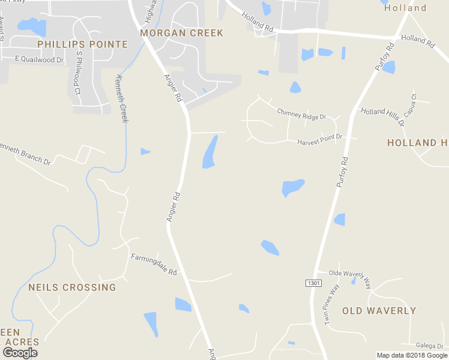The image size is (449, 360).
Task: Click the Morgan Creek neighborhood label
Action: coord(181,33)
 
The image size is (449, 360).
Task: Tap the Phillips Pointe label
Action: coord(82,44)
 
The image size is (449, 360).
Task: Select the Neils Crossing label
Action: coord(72,287)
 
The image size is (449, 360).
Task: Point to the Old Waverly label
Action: coord(379,311)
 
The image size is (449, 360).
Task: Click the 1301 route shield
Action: coord(313,283)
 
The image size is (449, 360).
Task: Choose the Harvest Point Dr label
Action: coord(319,139)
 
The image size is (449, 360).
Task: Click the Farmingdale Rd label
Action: coord(154,264)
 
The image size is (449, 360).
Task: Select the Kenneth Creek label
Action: coord(122,98)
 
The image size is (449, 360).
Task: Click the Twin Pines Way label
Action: coord(331,304)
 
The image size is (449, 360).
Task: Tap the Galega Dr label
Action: coord(430,346)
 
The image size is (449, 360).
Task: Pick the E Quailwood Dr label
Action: coord(40,59)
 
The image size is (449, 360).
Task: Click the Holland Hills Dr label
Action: coord(382,116)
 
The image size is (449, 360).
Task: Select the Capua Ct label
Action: coord(410,109)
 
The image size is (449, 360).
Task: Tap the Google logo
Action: coord(20,353)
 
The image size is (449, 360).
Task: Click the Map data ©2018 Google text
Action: coord(412,355)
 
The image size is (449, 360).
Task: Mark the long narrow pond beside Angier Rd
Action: coord(210,152)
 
